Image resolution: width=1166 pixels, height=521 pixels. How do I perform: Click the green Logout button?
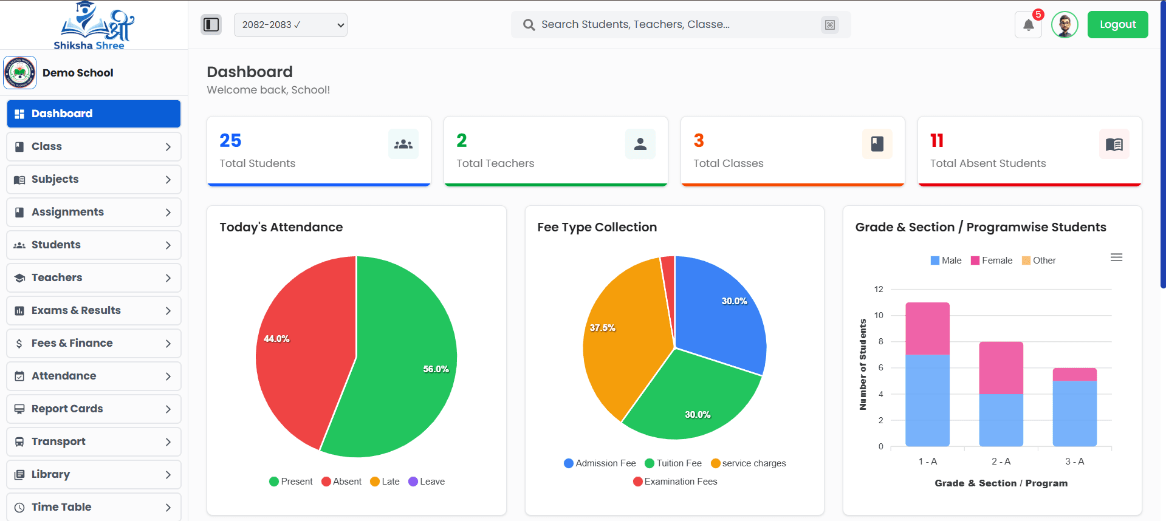(x=1117, y=25)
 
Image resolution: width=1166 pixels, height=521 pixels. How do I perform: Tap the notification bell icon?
(x=1028, y=25)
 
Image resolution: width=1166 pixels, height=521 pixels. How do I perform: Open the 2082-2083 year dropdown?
(x=290, y=25)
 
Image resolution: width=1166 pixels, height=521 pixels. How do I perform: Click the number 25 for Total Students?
(x=230, y=140)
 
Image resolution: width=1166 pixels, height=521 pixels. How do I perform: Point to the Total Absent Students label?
(x=987, y=163)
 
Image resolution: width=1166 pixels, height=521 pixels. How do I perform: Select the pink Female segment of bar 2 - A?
(x=1001, y=368)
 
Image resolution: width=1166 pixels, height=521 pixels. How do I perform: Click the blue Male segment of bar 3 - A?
(x=1074, y=413)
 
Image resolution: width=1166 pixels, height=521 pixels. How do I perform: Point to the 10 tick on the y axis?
(x=879, y=315)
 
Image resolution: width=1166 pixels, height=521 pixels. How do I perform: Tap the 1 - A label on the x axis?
(x=927, y=461)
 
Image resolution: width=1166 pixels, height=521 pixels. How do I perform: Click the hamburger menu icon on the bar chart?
(x=1116, y=257)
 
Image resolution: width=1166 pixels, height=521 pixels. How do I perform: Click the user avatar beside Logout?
(x=1065, y=25)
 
